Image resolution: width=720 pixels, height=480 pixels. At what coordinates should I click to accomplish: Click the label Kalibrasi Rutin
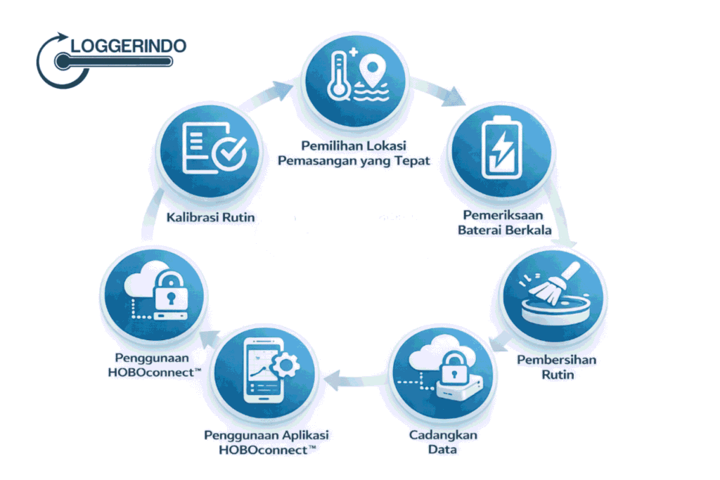coord(210,217)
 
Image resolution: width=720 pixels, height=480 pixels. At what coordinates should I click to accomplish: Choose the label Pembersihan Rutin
coord(555,367)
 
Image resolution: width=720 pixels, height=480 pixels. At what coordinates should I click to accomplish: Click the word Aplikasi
coord(302,435)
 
